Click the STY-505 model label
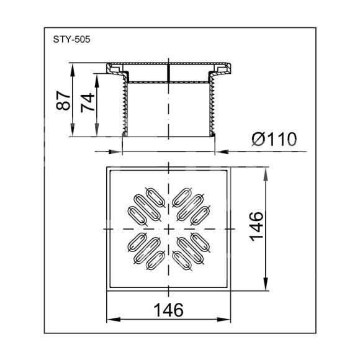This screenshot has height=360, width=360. click(71, 40)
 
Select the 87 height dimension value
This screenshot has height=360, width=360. click(63, 101)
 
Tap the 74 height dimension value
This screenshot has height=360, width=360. click(88, 102)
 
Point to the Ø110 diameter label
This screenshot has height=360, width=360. click(274, 139)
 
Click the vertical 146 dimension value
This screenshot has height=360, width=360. click(257, 227)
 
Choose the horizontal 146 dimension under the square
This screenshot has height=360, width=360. click(169, 310)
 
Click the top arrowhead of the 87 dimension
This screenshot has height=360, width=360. click(73, 69)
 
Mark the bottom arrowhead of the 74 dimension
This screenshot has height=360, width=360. click(97, 130)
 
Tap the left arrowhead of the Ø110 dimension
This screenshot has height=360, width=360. click(115, 152)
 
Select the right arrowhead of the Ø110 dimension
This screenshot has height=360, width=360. click(222, 152)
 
